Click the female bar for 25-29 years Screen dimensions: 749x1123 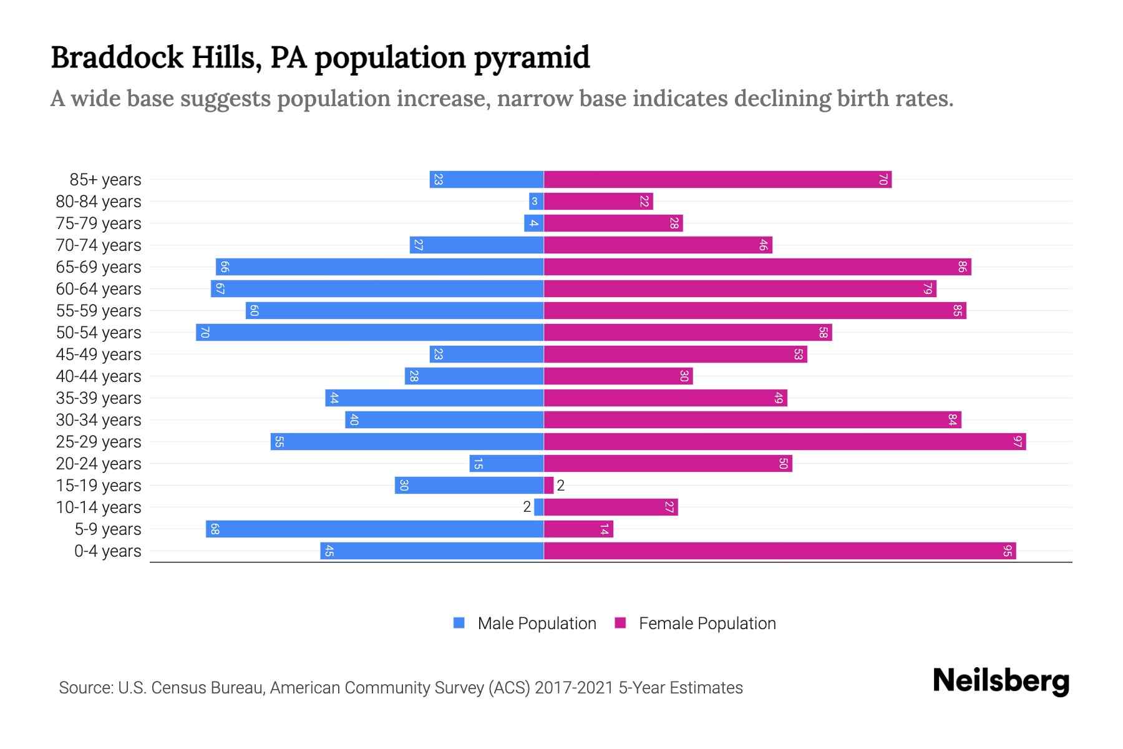coord(784,442)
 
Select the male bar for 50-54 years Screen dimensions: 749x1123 coord(369,333)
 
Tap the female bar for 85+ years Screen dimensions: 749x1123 coord(717,180)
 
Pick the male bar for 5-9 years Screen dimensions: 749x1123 coord(374,529)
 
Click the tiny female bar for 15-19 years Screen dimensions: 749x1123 coord(548,486)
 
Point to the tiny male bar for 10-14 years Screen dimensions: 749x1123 coord(539,507)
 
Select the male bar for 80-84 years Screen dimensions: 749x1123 coord(536,202)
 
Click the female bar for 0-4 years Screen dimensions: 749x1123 coord(780,551)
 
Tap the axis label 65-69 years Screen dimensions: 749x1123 coord(99,267)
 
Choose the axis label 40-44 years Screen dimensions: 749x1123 coord(99,376)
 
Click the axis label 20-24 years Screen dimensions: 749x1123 coord(99,464)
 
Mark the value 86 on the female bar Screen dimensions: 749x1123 coord(962,267)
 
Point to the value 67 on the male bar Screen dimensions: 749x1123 coord(220,289)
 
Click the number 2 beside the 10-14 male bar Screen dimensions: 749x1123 coord(527,507)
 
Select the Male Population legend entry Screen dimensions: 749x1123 coord(537,624)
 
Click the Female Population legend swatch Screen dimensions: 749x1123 coord(620,623)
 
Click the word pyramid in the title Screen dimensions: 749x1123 coord(532,57)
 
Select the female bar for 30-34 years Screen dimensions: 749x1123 coord(752,420)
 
